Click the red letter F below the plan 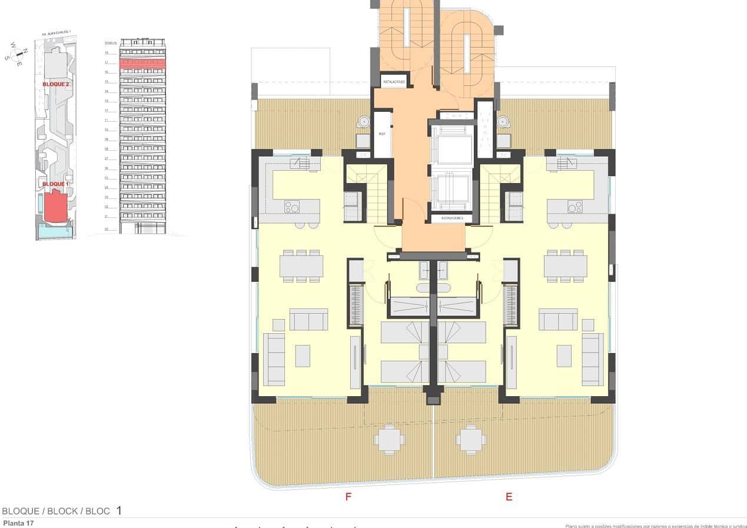(x=348, y=497)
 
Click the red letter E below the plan (x=509, y=497)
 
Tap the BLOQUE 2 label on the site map (x=56, y=84)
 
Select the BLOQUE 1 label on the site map (x=56, y=184)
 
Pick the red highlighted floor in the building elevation (x=142, y=63)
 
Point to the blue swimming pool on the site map (x=54, y=233)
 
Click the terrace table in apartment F (x=389, y=439)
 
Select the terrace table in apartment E (x=470, y=439)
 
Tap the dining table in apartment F (x=301, y=266)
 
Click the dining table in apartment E (x=565, y=266)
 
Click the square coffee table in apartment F (x=303, y=356)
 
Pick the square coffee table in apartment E (x=564, y=356)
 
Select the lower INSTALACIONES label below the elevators (x=451, y=218)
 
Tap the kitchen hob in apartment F (x=293, y=207)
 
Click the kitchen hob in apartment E (x=575, y=207)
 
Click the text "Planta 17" (x=18, y=523)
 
